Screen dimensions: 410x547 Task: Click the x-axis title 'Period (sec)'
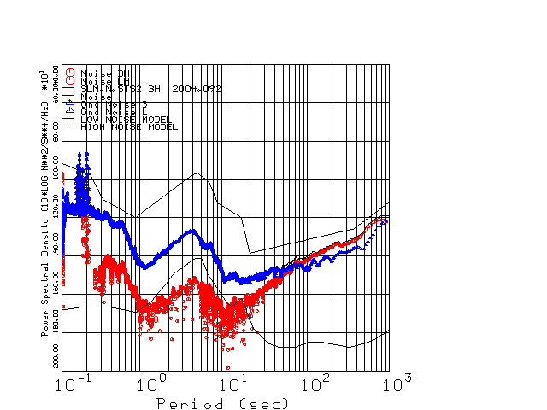[222, 402]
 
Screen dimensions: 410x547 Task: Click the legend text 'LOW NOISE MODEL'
[126, 120]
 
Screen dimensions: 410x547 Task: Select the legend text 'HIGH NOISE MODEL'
[128, 127]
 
